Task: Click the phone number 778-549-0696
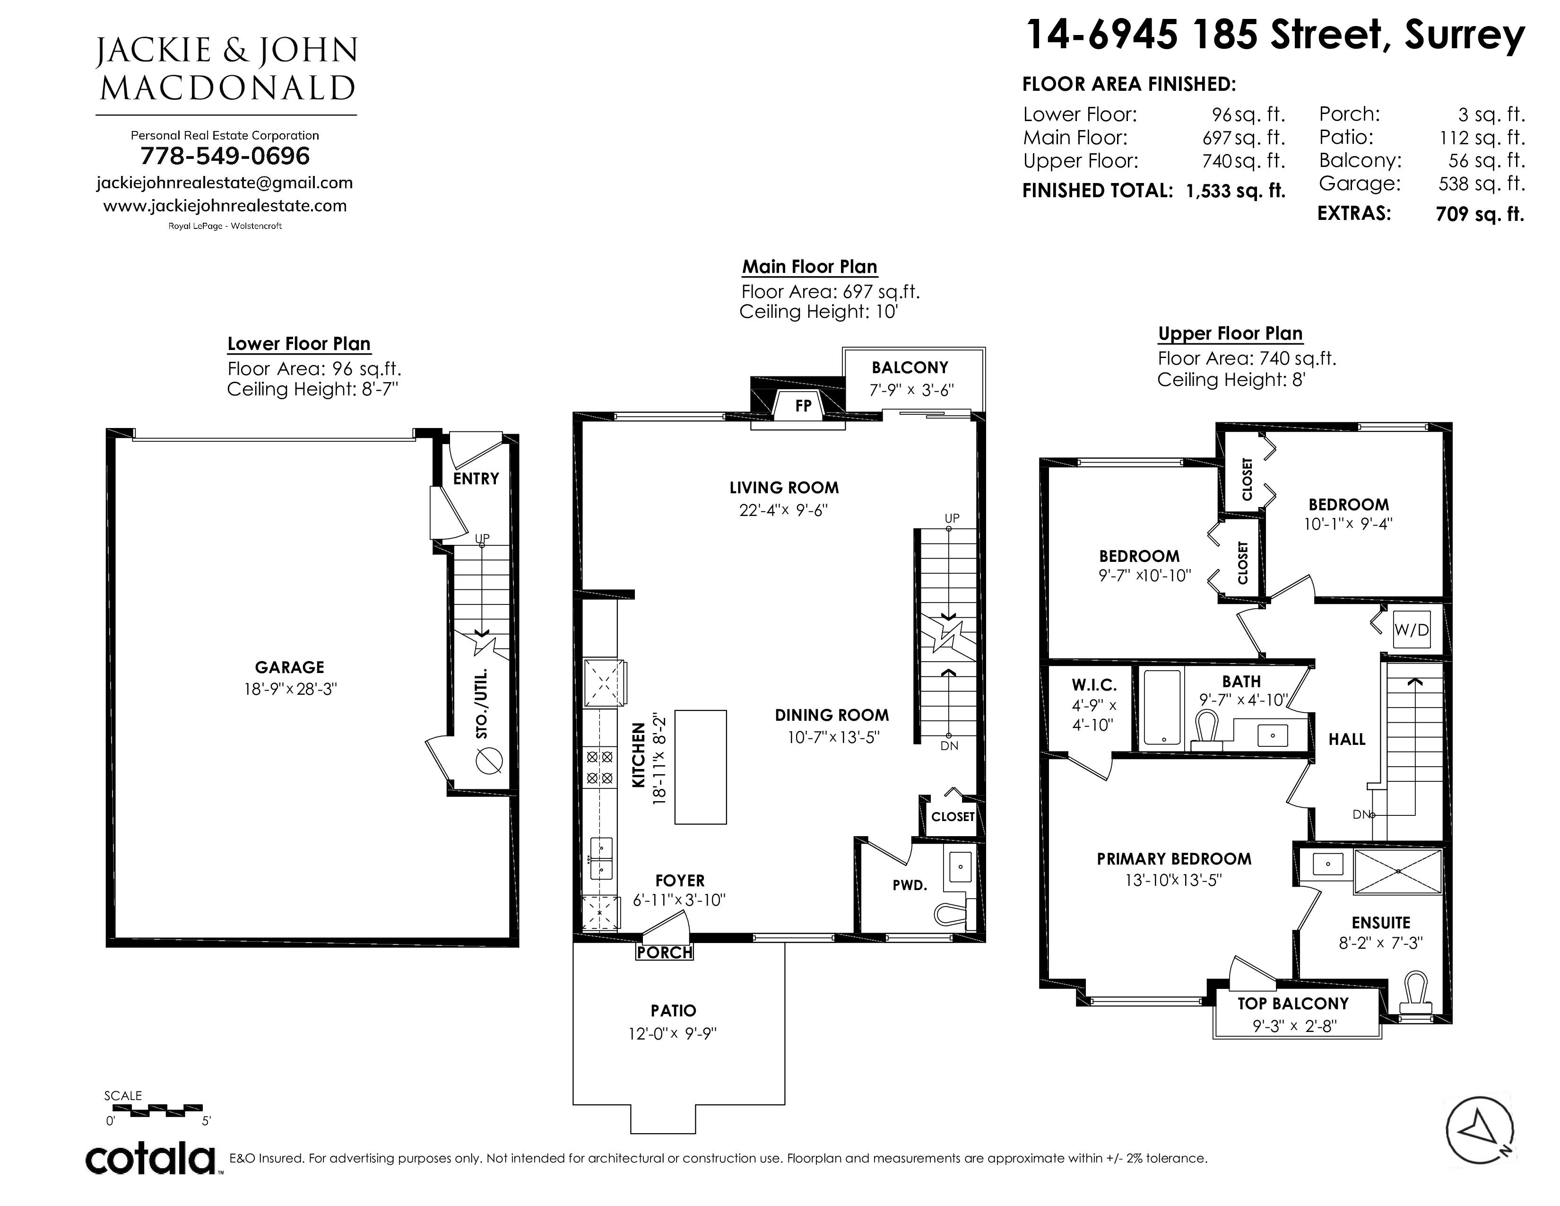click(225, 156)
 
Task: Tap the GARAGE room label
click(289, 667)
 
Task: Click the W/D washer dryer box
click(1412, 629)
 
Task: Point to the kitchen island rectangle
click(701, 767)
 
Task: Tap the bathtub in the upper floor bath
click(1162, 708)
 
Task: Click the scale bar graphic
click(157, 1109)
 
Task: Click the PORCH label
click(665, 953)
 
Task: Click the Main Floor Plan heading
click(809, 266)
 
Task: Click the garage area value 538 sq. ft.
click(1482, 184)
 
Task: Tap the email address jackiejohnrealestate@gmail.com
click(225, 183)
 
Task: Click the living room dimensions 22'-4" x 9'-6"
click(784, 510)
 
